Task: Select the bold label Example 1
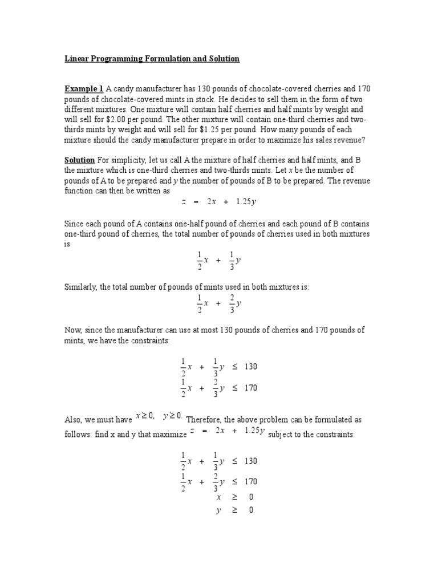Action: click(x=84, y=89)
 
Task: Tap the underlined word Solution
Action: click(x=79, y=161)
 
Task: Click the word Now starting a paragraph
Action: click(x=72, y=330)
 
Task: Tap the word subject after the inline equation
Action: click(x=280, y=435)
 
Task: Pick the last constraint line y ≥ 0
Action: click(x=234, y=510)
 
